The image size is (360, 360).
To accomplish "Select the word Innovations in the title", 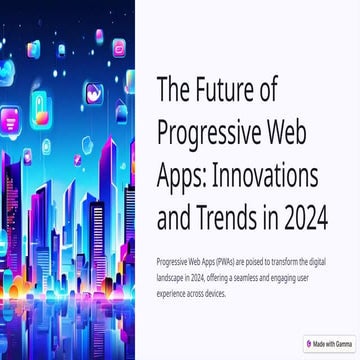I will [277, 173].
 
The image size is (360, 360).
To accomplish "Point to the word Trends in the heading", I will [248, 214].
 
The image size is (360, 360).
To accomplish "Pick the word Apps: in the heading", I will [183, 173].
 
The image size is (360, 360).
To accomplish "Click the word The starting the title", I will [176, 90].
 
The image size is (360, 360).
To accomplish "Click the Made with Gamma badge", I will [328, 343].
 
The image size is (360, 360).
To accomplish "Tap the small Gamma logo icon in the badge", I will [309, 343].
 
